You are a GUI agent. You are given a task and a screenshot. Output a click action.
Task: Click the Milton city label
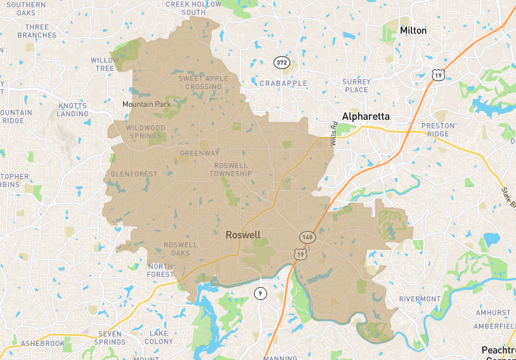coord(413,30)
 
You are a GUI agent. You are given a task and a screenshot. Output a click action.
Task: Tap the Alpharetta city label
coord(366,116)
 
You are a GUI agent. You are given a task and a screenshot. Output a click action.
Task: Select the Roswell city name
coord(243,235)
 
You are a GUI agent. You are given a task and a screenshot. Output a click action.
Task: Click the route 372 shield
coord(281,63)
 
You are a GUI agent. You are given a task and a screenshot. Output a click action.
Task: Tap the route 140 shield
coord(307,237)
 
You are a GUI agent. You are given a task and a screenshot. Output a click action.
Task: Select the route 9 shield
coord(259,294)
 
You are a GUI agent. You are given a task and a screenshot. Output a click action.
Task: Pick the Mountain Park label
coord(147,104)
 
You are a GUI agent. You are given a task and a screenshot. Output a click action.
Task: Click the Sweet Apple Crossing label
coord(203,83)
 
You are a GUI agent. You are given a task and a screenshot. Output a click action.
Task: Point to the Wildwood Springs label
coord(146,132)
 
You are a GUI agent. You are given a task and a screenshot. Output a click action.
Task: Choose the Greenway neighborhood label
coord(199,153)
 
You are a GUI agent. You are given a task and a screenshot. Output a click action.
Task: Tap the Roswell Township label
coord(231,170)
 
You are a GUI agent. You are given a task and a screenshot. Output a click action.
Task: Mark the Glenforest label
coord(134,174)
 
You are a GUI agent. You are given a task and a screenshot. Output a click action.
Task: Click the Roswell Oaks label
coord(181,249)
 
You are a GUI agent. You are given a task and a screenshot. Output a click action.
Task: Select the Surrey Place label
coord(357,86)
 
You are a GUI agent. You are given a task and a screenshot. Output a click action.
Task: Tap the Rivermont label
coord(419,299)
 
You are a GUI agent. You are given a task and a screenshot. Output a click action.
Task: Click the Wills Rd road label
coord(335,134)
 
